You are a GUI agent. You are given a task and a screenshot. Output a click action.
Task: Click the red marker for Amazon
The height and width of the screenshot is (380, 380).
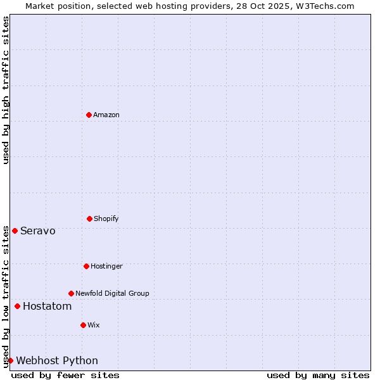pyautogui.click(x=89, y=115)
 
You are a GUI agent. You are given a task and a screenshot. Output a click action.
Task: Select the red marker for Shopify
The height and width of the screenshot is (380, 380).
pyautogui.click(x=89, y=218)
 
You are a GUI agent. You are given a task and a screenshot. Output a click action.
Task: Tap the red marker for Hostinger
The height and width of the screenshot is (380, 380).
pyautogui.click(x=86, y=266)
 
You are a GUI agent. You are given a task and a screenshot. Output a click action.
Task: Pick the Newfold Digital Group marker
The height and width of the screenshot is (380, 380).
pyautogui.click(x=71, y=293)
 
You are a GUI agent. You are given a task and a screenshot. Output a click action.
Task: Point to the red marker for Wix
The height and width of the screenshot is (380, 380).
pyautogui.click(x=83, y=325)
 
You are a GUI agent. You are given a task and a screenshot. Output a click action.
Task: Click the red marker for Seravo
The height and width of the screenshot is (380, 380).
pyautogui.click(x=15, y=231)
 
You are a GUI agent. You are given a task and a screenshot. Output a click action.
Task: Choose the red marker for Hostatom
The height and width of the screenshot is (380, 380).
pyautogui.click(x=17, y=307)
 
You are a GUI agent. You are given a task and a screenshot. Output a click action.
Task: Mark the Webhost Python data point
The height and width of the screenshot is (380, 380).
pyautogui.click(x=10, y=360)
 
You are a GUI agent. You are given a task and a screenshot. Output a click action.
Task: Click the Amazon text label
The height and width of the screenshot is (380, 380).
pyautogui.click(x=106, y=115)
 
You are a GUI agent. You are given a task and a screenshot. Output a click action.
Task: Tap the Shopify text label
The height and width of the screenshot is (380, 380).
pyautogui.click(x=106, y=218)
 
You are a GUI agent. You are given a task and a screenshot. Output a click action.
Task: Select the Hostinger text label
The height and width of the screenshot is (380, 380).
pyautogui.click(x=106, y=266)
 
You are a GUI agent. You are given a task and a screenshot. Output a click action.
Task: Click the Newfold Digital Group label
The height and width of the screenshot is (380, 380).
pyautogui.click(x=112, y=293)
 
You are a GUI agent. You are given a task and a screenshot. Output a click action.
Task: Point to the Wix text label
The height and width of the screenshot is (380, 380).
pyautogui.click(x=94, y=325)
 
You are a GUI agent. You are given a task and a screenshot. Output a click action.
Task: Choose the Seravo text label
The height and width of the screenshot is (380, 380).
pyautogui.click(x=38, y=231)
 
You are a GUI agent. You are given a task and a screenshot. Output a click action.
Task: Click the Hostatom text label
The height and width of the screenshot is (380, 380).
pyautogui.click(x=47, y=307)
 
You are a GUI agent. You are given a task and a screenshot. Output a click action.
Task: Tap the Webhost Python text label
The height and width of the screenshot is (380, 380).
pyautogui.click(x=57, y=361)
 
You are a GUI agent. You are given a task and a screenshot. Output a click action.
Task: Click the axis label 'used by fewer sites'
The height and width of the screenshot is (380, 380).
pyautogui.click(x=65, y=375)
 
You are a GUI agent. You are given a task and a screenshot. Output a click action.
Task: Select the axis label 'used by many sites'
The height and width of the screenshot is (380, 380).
pyautogui.click(x=318, y=375)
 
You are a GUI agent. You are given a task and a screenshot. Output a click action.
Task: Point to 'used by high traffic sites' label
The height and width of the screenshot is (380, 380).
pyautogui.click(x=6, y=90)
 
